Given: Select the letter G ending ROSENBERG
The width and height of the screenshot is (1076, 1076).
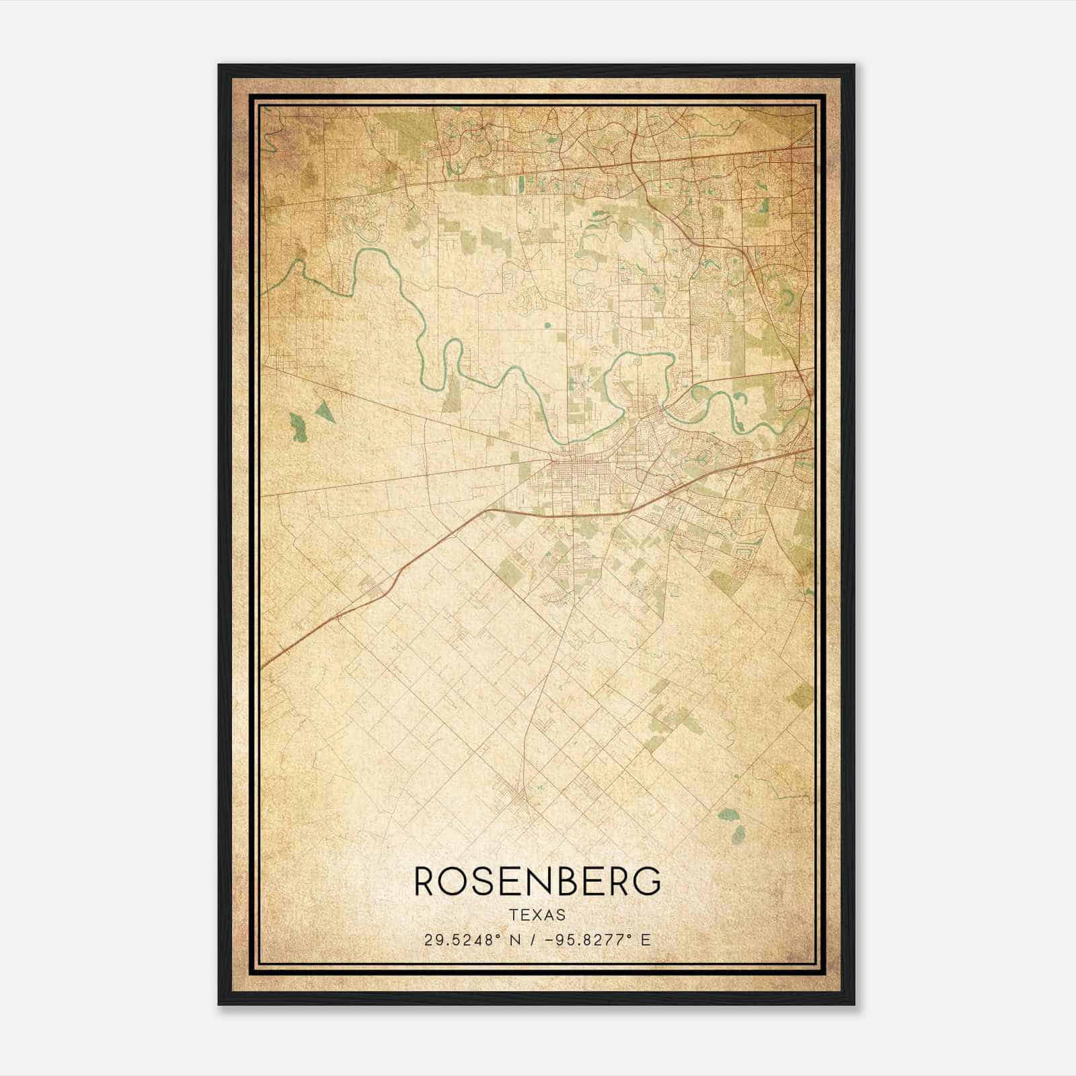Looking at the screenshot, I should point(646,882).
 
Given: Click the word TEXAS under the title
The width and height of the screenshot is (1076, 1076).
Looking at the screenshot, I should point(537,915).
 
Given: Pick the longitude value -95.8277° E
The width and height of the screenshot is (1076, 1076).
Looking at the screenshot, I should point(598,940).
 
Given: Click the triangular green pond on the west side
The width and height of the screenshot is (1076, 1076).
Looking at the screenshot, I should point(325,411).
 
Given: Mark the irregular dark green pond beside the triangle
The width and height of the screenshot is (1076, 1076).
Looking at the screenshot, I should point(299,428).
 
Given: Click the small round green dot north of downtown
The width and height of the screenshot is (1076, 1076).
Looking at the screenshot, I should point(546,326).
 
